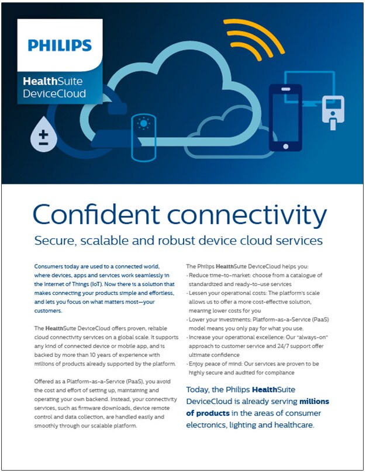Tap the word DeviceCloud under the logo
(x=54, y=93)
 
